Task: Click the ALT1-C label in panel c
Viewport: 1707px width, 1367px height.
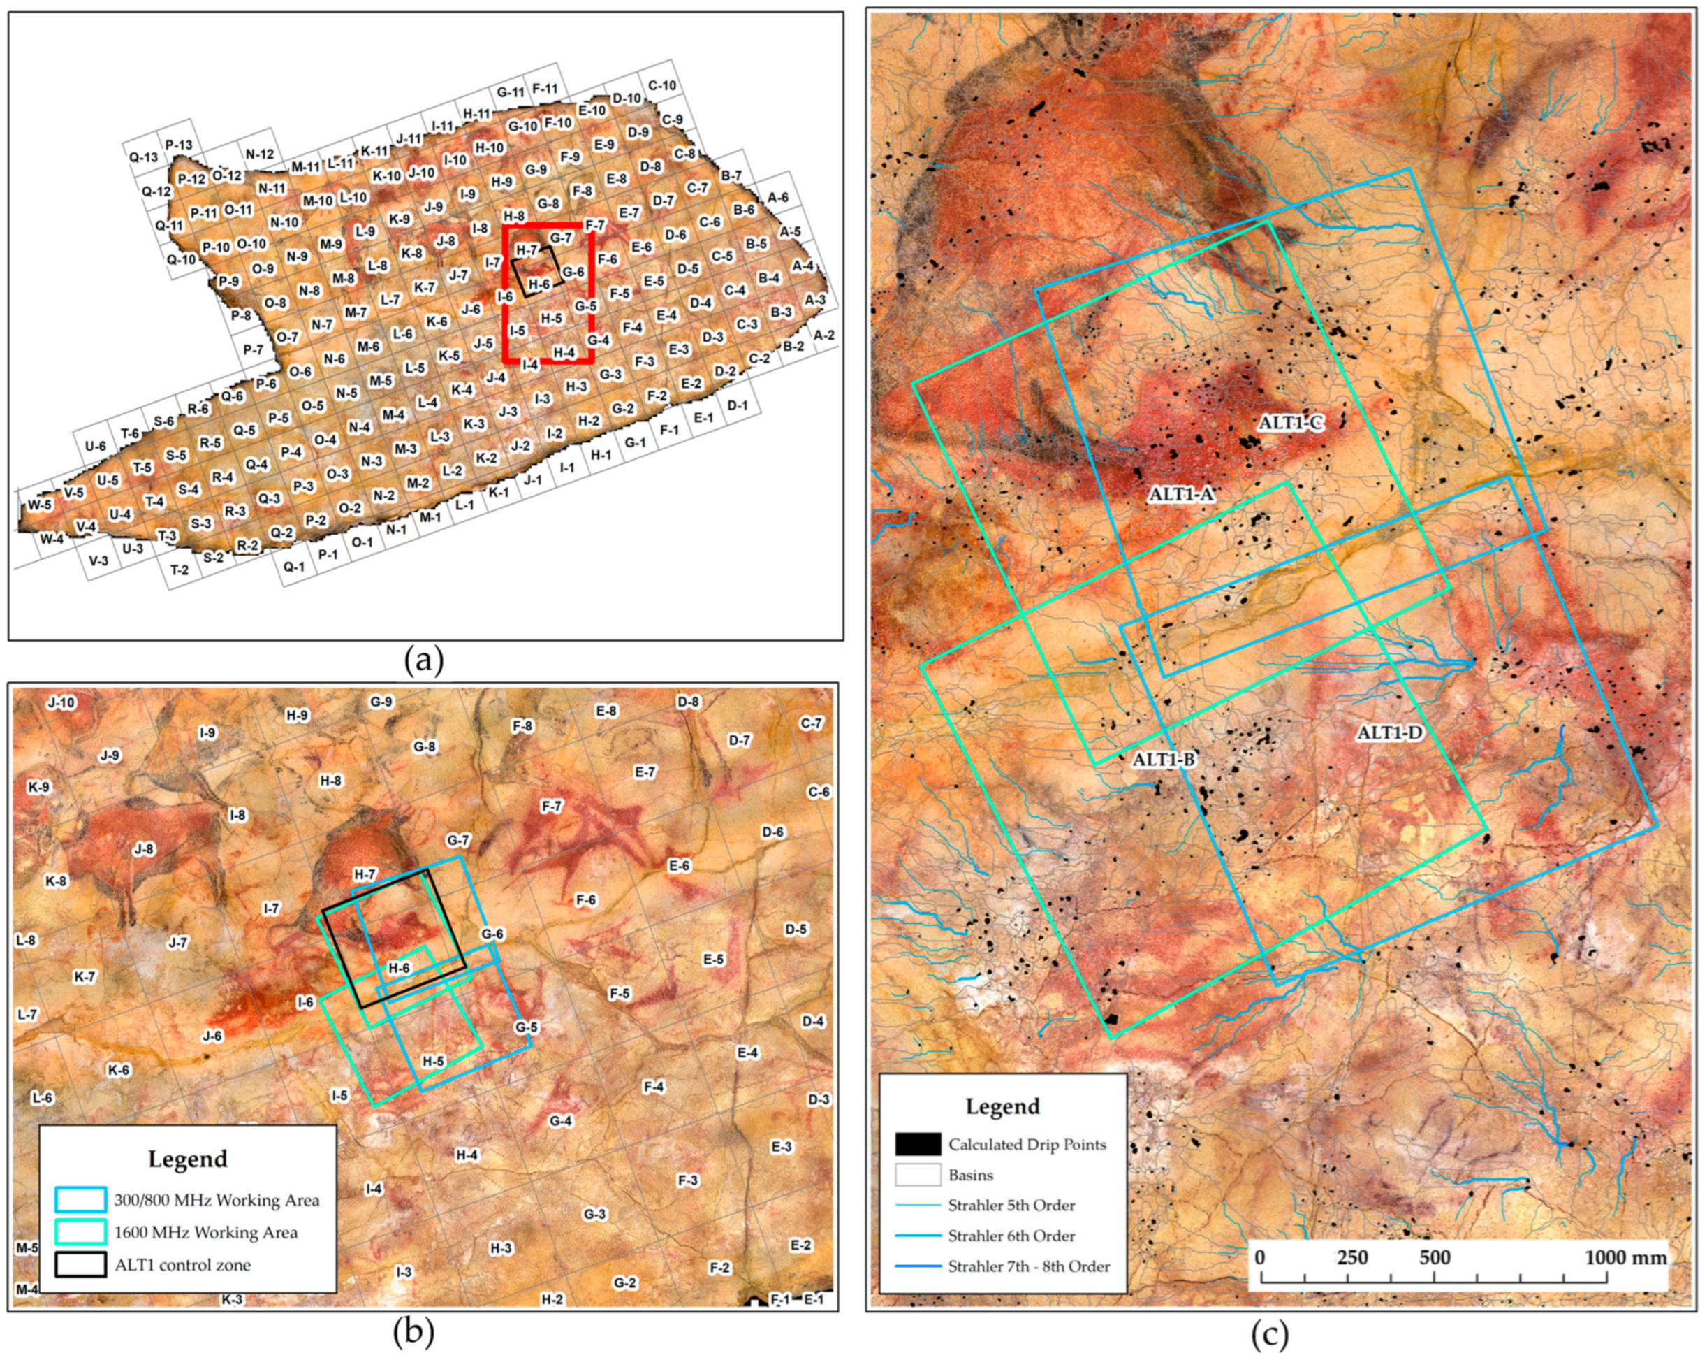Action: pos(1291,423)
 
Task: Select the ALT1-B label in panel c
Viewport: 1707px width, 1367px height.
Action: pos(1163,760)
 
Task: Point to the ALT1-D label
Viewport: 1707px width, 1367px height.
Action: pos(1389,732)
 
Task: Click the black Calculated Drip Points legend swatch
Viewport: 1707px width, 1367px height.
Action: pos(918,1143)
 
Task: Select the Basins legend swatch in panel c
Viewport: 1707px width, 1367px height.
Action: pos(918,1175)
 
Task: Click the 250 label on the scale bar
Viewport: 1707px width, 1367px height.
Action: pos(1351,1257)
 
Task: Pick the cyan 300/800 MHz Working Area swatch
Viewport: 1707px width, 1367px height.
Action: pos(80,1200)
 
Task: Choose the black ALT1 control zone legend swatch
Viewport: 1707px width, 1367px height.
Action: pos(80,1265)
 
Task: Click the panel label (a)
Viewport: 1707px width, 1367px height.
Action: pos(423,660)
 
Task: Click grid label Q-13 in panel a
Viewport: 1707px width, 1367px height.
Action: pos(143,158)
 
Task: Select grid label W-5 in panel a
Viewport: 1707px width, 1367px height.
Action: pos(40,505)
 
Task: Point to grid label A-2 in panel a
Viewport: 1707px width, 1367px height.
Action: pos(823,335)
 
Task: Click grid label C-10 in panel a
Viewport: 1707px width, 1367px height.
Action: pos(662,85)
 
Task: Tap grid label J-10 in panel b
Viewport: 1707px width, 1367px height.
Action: pos(61,702)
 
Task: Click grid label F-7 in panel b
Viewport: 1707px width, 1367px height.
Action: pos(551,807)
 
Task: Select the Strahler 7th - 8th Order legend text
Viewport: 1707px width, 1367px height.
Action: pos(1029,1266)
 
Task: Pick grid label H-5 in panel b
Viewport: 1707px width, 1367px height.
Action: pos(433,1062)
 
